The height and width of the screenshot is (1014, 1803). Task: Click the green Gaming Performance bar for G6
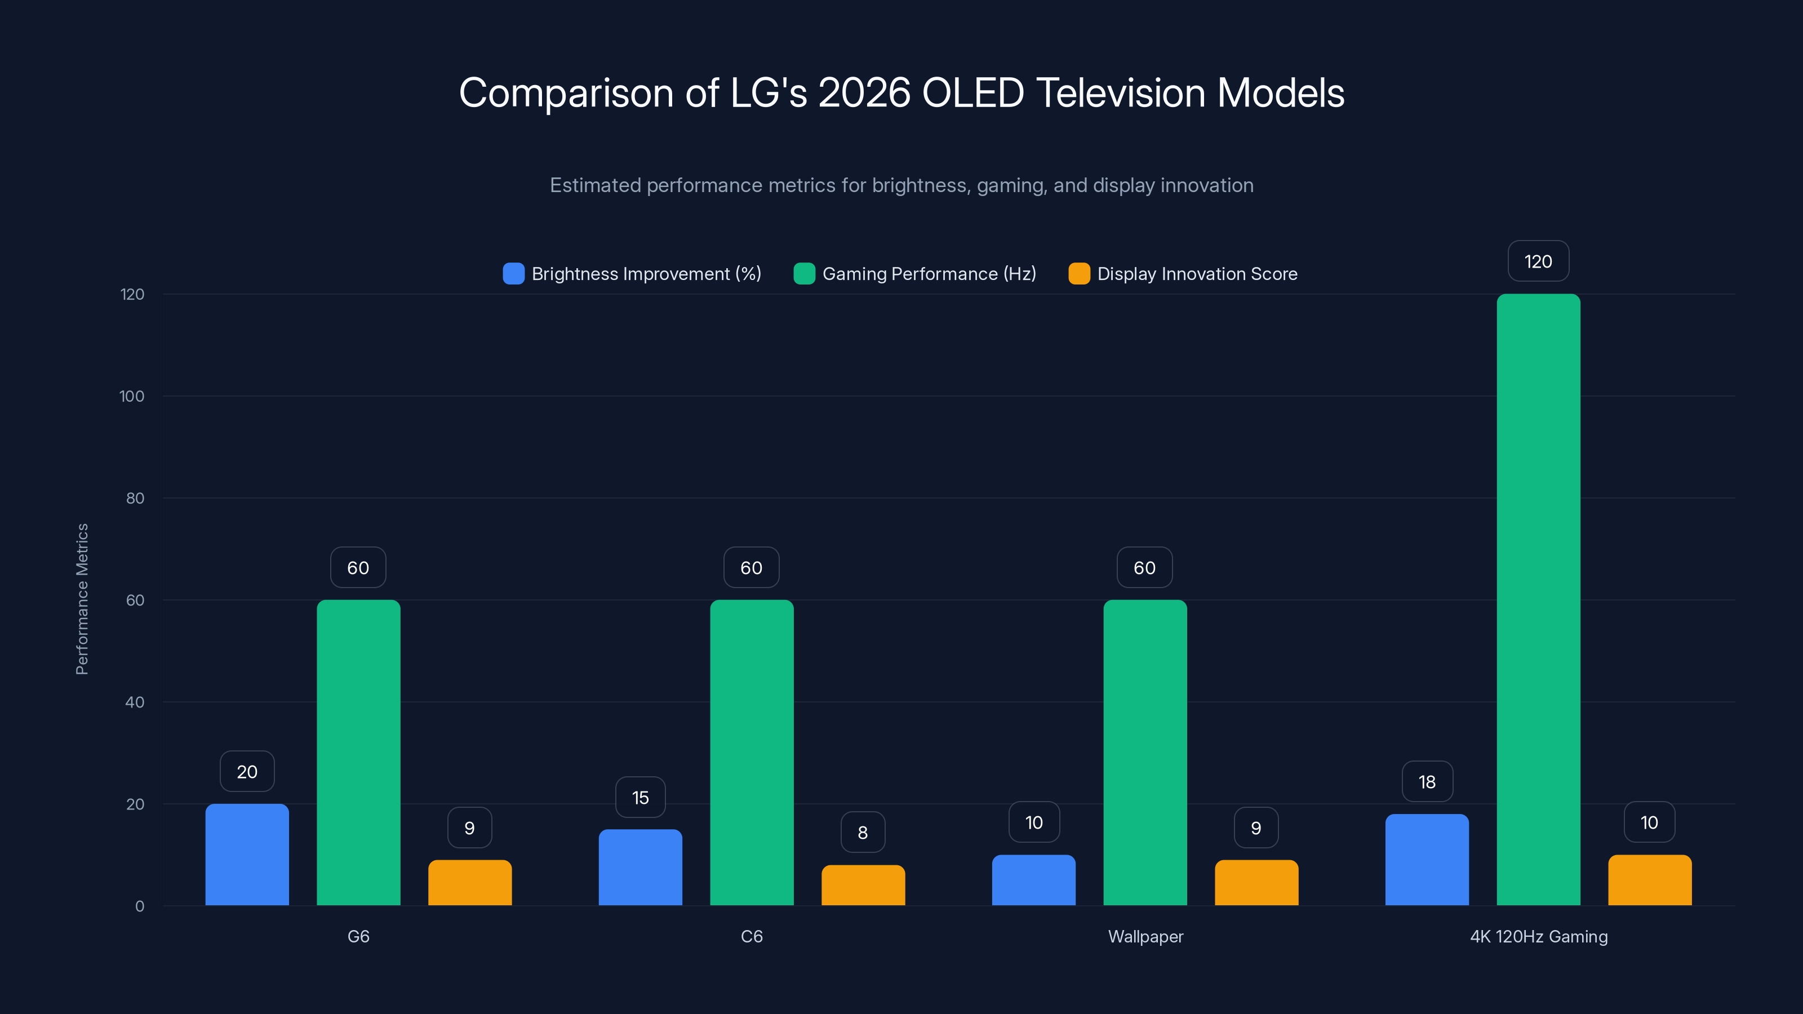tap(358, 752)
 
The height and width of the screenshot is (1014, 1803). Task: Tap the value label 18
tap(1427, 782)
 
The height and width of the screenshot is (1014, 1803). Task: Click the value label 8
tap(862, 832)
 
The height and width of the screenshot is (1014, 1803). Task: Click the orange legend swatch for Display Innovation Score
tap(1078, 274)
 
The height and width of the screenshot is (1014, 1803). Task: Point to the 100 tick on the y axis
tap(132, 396)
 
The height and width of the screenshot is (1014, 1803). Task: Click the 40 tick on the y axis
tap(135, 702)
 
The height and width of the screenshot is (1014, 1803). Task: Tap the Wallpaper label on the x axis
tap(1145, 936)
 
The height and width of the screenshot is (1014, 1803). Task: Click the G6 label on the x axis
tap(358, 936)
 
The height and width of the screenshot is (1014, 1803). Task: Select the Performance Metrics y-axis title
tap(82, 599)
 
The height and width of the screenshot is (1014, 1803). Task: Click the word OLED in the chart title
tap(973, 92)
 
